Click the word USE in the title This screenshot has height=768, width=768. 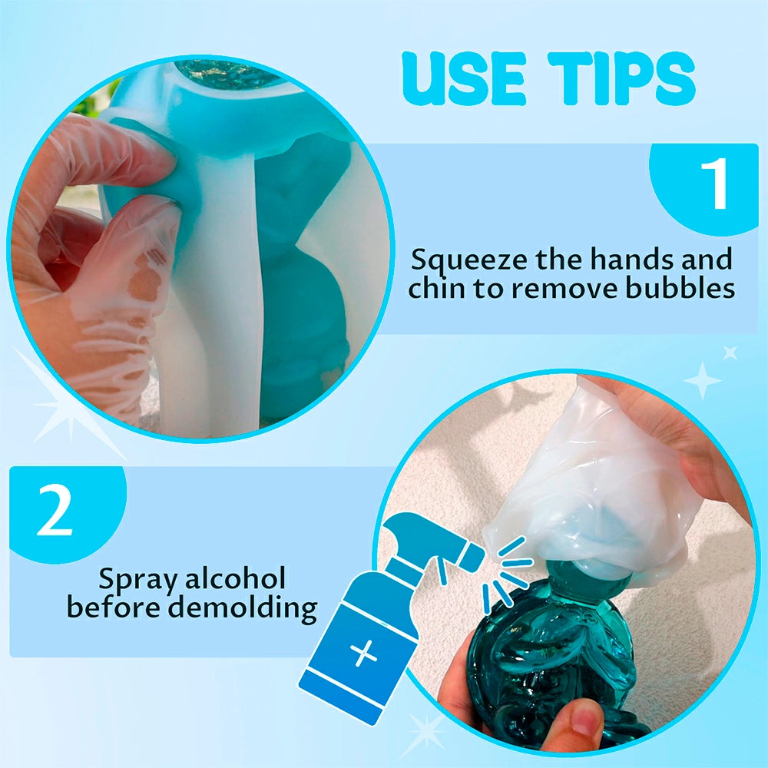click(x=464, y=78)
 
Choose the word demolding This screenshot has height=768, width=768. click(x=243, y=607)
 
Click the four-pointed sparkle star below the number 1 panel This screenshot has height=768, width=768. click(x=703, y=380)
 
